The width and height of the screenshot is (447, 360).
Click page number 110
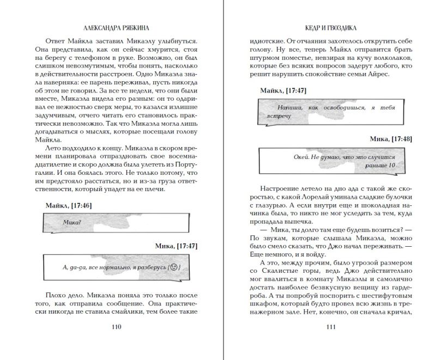pyautogui.click(x=116, y=327)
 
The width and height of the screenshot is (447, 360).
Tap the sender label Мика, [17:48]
pyautogui.click(x=391, y=139)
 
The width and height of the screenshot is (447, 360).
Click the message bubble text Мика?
pyautogui.click(x=72, y=222)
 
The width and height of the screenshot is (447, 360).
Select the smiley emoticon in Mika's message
pyautogui.click(x=173, y=267)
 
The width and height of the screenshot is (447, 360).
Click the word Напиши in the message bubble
pyautogui.click(x=288, y=108)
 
